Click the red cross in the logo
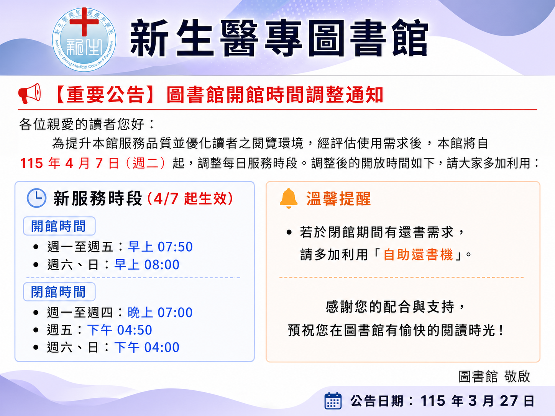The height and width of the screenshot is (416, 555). point(84,22)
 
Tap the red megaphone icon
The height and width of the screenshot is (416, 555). point(30,93)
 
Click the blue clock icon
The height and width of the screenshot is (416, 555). point(37,198)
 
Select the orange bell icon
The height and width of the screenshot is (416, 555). point(289,198)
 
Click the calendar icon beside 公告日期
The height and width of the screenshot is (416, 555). point(333,401)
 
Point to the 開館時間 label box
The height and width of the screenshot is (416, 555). point(59,226)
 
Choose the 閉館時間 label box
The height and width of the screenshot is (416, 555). point(59,292)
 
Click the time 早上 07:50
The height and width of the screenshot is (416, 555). point(160,247)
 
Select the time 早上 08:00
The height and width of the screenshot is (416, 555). point(147,265)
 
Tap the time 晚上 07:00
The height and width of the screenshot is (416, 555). point(160,313)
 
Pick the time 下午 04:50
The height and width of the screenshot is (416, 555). point(120,330)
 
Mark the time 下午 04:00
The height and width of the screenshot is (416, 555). point(147,347)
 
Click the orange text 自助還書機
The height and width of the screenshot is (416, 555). point(418,255)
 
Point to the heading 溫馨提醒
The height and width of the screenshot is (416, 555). point(338,199)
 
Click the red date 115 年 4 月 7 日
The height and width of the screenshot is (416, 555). point(69,163)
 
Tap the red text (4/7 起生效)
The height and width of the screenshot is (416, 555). point(190,198)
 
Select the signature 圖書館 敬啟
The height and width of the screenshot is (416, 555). point(494,377)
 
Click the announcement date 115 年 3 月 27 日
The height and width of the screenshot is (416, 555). point(477,401)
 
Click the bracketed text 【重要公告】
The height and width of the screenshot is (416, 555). point(104,95)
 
